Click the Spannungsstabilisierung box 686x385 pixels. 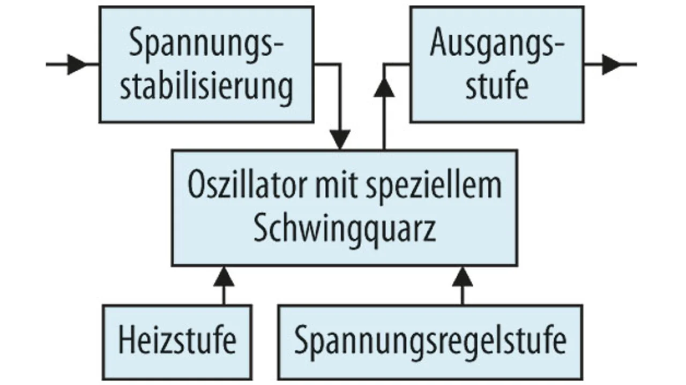coord(206,64)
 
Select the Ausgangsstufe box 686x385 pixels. coord(497,64)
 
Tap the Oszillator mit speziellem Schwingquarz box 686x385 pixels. coord(344,208)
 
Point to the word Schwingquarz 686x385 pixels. coord(344,229)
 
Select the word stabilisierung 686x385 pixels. coord(206,86)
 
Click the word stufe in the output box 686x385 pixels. coord(497,86)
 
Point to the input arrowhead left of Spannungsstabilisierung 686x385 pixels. coord(77,64)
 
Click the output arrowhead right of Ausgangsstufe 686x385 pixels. coord(612,64)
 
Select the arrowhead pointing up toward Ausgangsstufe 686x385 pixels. coord(384,87)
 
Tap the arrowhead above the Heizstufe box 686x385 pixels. coord(223,276)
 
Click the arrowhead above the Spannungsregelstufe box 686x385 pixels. coord(463,276)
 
